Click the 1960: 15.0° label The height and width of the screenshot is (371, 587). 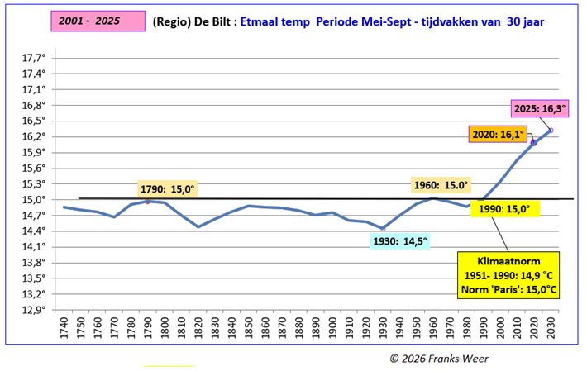pyautogui.click(x=440, y=185)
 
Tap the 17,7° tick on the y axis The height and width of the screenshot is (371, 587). pyautogui.click(x=32, y=58)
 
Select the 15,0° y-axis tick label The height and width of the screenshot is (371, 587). pyautogui.click(x=32, y=199)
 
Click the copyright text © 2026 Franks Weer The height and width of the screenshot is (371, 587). pyautogui.click(x=438, y=357)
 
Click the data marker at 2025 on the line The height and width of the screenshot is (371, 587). pyautogui.click(x=551, y=131)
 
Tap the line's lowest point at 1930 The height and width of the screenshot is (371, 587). pyautogui.click(x=383, y=228)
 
